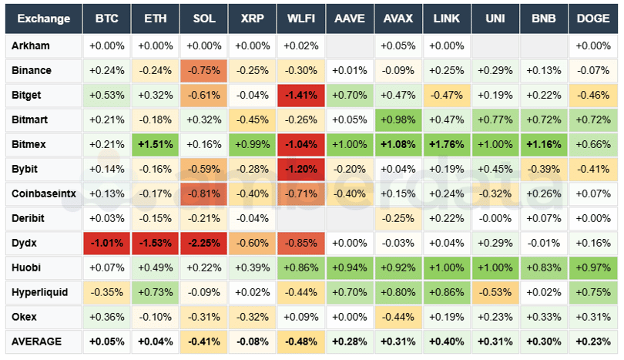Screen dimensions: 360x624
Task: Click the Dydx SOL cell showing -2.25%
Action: tap(203, 243)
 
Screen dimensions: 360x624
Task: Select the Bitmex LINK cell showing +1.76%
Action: tap(446, 144)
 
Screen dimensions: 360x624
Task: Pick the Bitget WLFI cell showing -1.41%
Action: tap(300, 95)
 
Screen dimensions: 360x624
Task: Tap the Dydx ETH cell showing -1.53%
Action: tap(155, 243)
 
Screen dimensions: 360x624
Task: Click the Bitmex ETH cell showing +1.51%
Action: tap(155, 144)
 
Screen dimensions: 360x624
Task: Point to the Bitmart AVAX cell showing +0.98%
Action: tap(398, 119)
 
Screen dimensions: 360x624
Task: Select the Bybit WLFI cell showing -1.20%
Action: tap(300, 169)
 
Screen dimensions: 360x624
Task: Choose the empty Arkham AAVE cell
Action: tap(349, 46)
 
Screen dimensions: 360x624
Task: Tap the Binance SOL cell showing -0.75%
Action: tap(203, 70)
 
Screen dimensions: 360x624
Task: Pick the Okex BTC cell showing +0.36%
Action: tap(106, 317)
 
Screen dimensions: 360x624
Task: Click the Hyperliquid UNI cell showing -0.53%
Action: tap(495, 292)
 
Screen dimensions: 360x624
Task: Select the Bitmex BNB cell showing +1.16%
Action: tap(544, 144)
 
